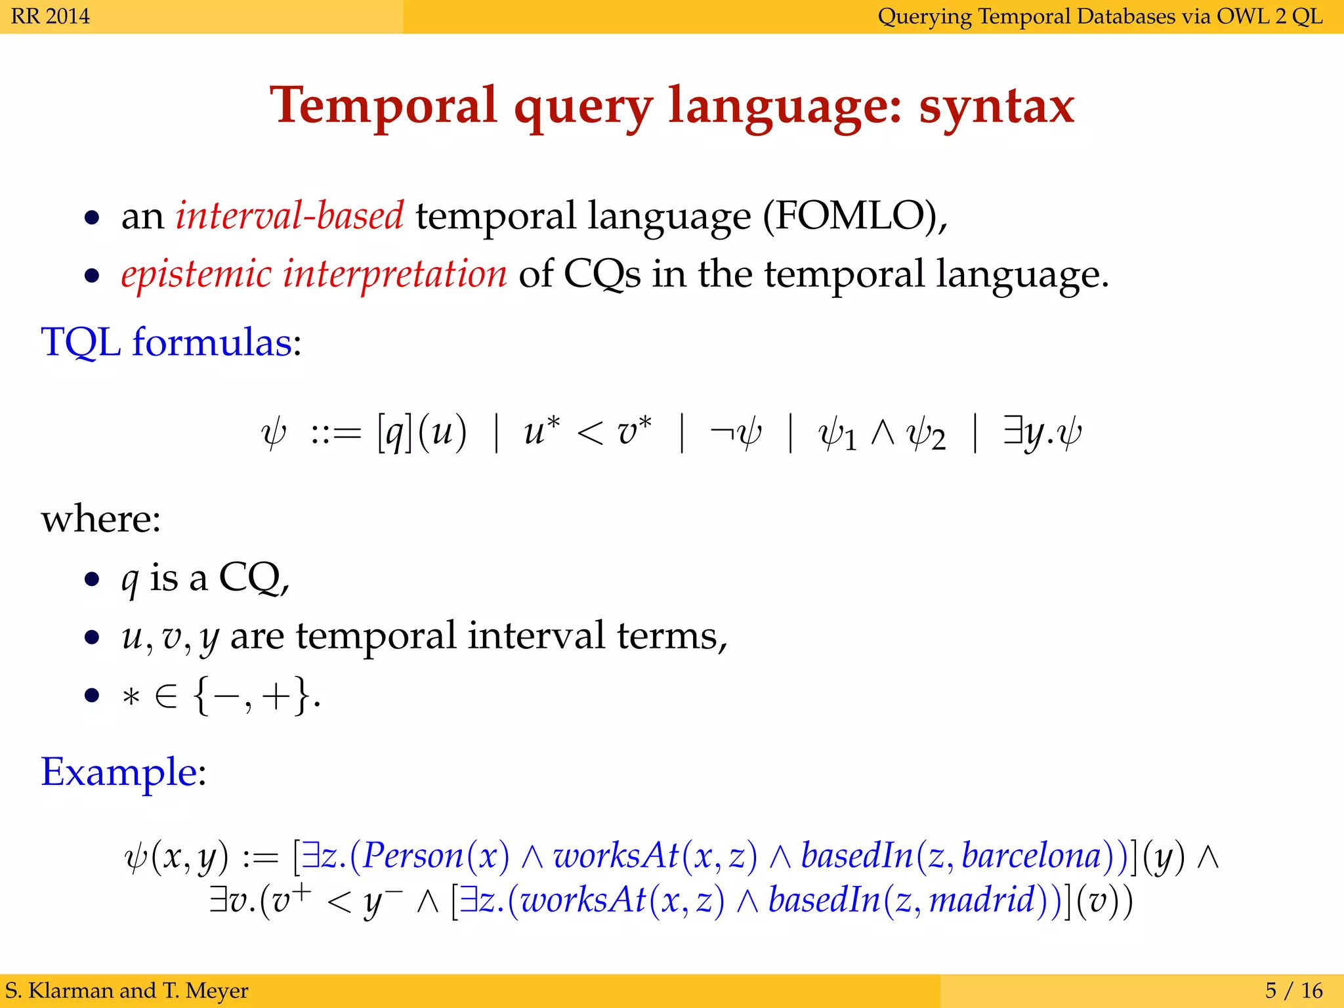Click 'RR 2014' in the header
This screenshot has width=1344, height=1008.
coord(50,16)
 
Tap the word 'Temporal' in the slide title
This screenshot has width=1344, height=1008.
coord(383,106)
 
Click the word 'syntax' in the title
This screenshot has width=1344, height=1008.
coord(996,108)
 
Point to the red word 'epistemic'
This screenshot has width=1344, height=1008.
coord(196,274)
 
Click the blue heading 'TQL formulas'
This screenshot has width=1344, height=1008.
coord(166,343)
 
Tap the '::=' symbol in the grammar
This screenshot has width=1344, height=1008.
coord(336,434)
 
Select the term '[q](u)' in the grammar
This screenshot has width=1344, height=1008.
coord(421,433)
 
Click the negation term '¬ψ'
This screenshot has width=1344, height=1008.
coord(736,433)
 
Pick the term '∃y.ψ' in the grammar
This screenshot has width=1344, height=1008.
coord(1042,433)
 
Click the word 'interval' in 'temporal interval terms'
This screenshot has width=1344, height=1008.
coord(536,635)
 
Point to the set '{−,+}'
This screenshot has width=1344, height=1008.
coord(252,696)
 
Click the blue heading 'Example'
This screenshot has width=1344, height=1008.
coord(119,772)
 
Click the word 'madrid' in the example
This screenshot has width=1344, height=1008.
coord(982,900)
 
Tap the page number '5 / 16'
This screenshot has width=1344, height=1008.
coord(1293,990)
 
